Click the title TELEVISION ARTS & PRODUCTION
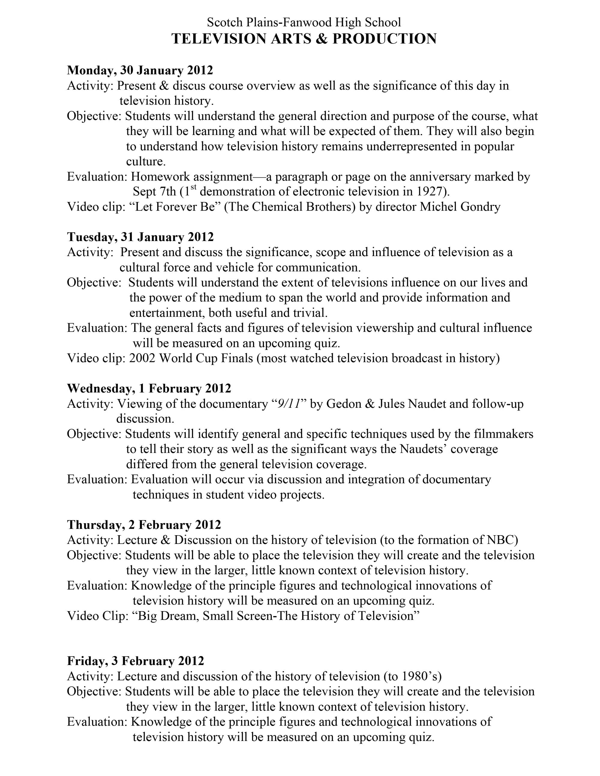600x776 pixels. (x=304, y=39)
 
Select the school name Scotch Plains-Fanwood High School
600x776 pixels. (x=304, y=22)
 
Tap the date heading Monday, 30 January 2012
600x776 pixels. (x=140, y=70)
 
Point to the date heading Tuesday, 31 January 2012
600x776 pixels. (x=140, y=237)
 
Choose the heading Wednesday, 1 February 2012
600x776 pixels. (x=149, y=388)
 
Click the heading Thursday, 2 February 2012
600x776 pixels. (x=144, y=525)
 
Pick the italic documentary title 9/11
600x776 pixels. (x=289, y=404)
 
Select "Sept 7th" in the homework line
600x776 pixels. (x=154, y=192)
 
